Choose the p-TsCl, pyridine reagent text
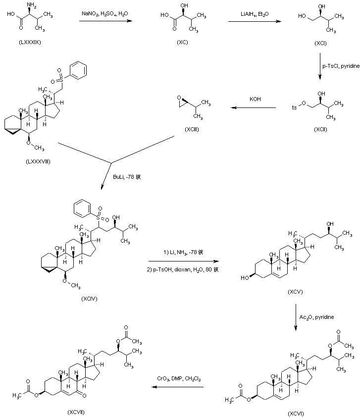[340, 65]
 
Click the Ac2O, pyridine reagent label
[317, 316]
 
